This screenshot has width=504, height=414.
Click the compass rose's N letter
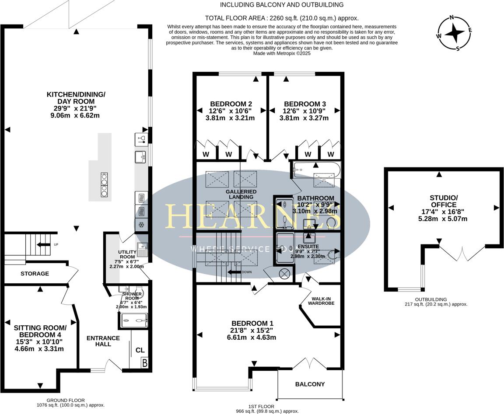[452, 18]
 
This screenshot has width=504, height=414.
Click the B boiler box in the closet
[144, 362]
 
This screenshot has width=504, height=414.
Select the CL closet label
[140, 350]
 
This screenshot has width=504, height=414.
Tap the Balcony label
[310, 384]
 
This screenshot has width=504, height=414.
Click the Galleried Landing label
[241, 194]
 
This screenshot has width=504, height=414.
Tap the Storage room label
[35, 274]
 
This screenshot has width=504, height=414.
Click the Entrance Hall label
[103, 341]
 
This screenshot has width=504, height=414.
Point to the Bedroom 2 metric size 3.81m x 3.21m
[230, 118]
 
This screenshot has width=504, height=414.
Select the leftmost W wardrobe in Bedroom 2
[206, 154]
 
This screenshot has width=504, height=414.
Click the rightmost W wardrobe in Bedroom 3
[330, 154]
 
